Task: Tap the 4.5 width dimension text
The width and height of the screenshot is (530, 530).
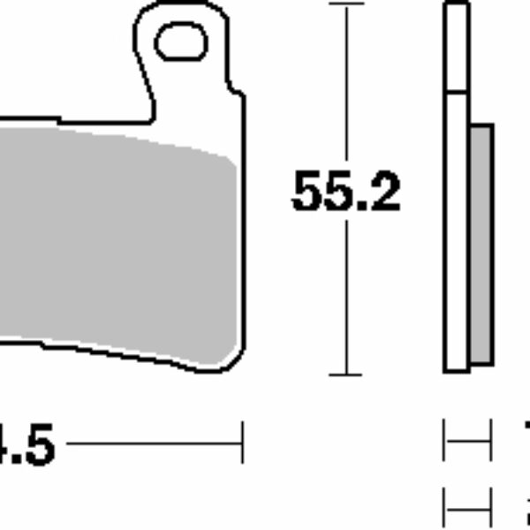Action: tap(27, 445)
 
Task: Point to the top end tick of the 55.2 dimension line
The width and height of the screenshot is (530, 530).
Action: tap(345, 4)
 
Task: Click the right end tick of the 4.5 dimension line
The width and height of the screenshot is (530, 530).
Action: tap(241, 442)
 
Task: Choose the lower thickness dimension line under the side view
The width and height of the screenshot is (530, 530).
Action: tap(467, 509)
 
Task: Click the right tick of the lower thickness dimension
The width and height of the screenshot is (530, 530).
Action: tap(489, 509)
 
